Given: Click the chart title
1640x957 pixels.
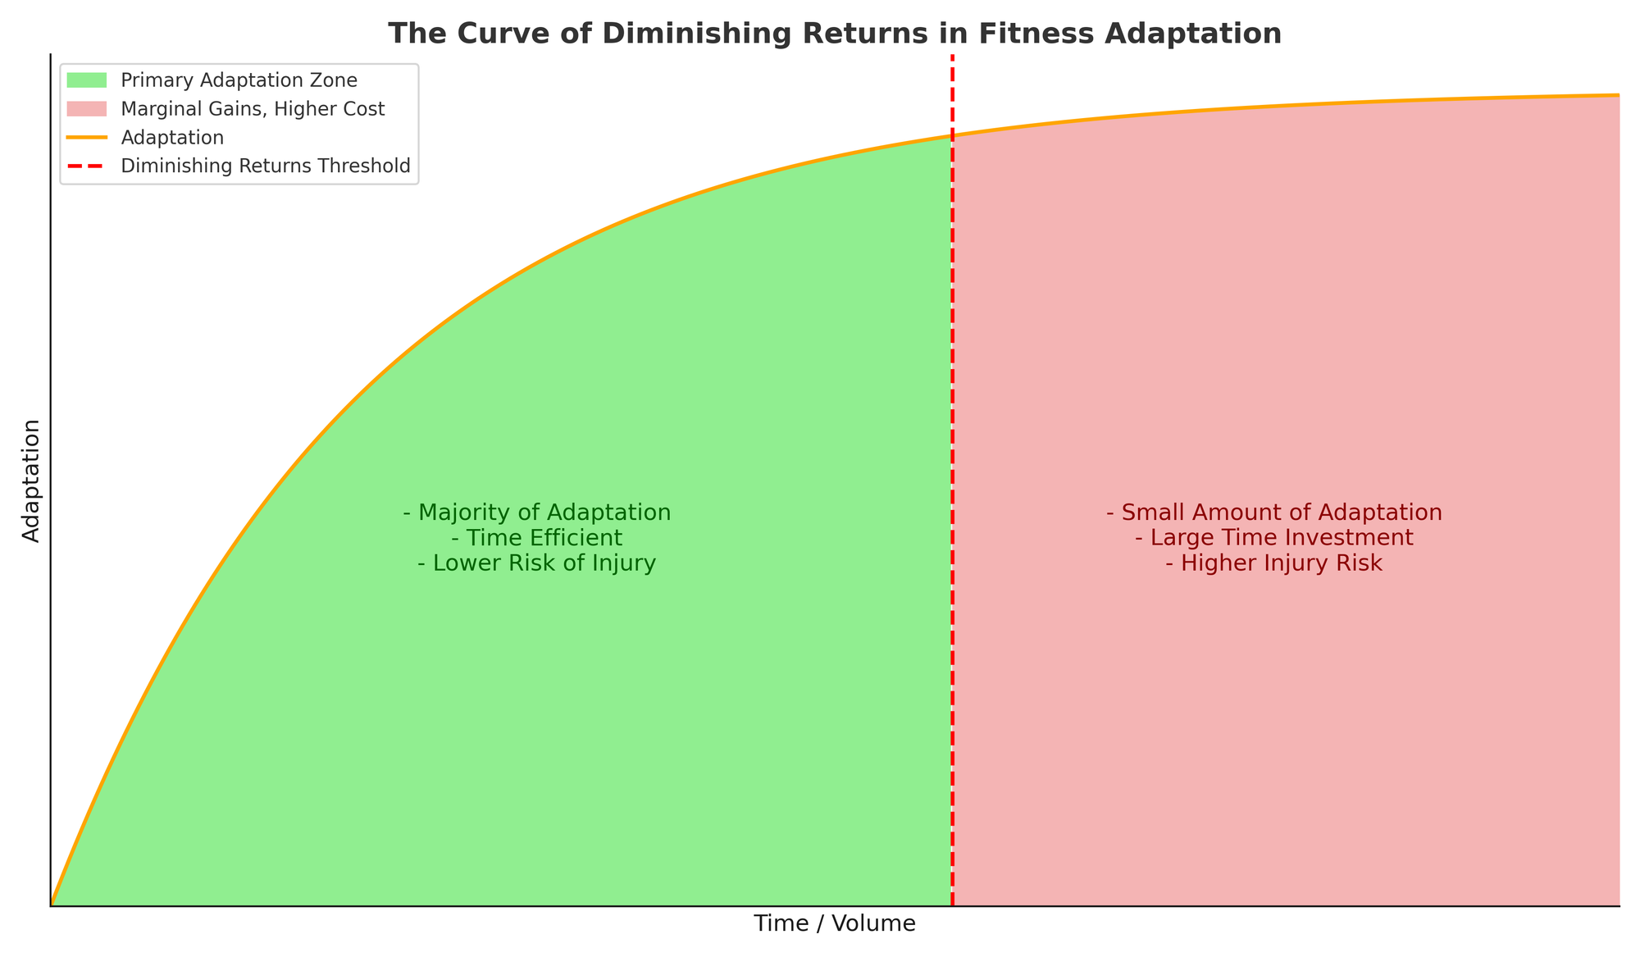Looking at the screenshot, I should pos(834,34).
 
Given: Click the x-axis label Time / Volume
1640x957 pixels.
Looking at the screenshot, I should pos(835,924).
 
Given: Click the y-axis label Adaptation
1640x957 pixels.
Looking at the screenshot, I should pos(32,481).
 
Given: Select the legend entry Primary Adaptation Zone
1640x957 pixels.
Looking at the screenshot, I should pos(239,80).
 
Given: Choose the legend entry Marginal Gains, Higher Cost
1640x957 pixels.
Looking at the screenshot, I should pos(253,109).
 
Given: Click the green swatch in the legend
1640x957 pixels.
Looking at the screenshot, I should pos(87,80).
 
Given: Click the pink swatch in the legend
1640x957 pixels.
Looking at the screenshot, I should pos(87,109).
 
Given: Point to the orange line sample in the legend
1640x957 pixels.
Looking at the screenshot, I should pos(87,138).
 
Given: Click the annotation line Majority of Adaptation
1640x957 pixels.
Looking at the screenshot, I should pos(537,513).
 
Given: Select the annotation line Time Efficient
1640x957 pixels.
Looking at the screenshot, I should pos(537,539).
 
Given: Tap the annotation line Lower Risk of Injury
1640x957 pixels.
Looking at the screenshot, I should pos(537,564).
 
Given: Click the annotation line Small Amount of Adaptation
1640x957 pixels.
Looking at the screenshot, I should pos(1273,513).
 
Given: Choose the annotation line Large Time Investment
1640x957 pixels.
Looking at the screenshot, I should pos(1273,539).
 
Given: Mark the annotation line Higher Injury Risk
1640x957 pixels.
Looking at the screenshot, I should pos(1273,564).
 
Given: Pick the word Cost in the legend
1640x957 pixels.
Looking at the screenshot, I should pos(365,109).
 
